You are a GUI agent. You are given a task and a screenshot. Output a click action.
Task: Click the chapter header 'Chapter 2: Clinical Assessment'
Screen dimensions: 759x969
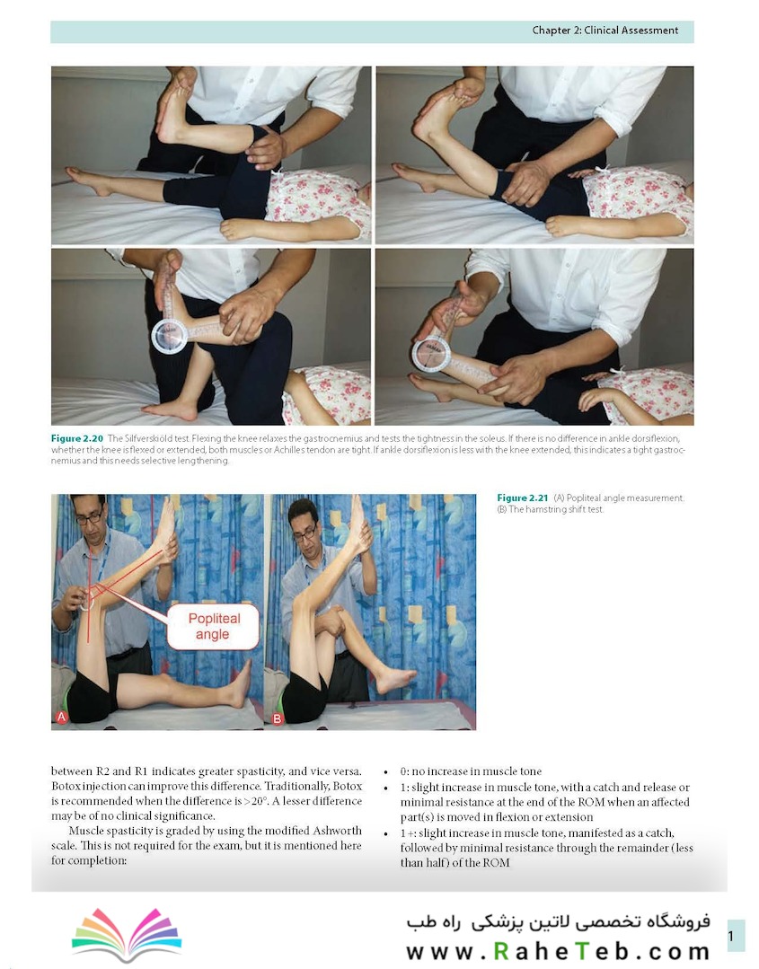click(x=605, y=31)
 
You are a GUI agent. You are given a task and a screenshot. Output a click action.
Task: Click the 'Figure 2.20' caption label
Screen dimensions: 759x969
click(x=77, y=438)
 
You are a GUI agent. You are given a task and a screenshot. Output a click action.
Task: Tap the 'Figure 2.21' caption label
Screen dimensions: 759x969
click(x=522, y=498)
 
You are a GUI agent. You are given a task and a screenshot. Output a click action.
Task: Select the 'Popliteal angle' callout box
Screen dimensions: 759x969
click(x=213, y=626)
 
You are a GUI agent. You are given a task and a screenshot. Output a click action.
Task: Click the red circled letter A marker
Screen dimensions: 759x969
click(x=61, y=717)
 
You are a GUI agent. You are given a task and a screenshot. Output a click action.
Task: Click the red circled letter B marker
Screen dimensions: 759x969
click(x=277, y=718)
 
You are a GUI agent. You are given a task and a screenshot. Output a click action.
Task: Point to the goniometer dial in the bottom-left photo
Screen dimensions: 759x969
click(x=170, y=336)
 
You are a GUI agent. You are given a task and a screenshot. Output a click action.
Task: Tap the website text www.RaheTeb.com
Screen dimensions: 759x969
click(x=558, y=951)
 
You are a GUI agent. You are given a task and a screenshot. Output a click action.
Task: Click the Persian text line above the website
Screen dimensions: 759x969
click(x=558, y=922)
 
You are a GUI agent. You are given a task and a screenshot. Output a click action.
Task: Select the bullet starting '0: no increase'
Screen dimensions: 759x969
click(x=471, y=771)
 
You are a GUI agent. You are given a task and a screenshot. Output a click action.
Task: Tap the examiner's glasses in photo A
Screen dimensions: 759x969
click(x=90, y=517)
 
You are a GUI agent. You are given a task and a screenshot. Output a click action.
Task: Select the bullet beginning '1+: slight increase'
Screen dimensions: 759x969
click(x=546, y=847)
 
